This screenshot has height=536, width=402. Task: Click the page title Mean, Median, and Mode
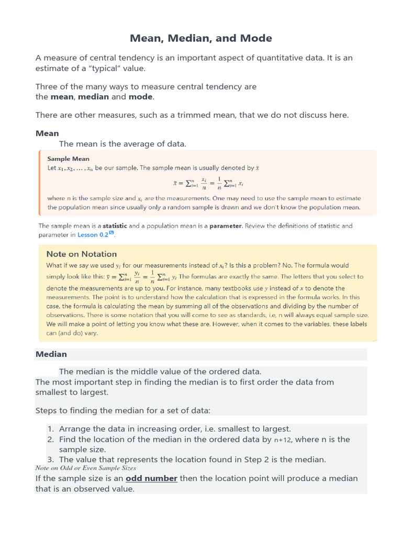coord(201,38)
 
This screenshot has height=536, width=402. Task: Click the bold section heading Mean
coord(47,133)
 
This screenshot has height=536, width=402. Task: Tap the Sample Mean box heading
coord(68,159)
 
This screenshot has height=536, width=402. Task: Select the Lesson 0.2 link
coord(93,235)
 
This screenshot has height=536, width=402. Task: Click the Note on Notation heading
coord(81,254)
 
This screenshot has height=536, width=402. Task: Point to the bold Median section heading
coord(51,354)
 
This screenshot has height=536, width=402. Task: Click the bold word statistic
coord(115,226)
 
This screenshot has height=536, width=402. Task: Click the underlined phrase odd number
coord(152,478)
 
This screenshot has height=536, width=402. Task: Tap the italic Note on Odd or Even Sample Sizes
coord(86,468)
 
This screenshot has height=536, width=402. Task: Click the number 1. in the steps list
coord(51,429)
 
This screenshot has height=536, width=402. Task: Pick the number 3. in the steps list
coord(51,460)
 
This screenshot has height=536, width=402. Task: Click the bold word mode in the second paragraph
coord(141,97)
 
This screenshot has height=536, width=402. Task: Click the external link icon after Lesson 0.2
coord(111,234)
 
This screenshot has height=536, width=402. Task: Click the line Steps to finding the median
coord(122,410)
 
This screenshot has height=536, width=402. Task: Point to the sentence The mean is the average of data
coord(122,143)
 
